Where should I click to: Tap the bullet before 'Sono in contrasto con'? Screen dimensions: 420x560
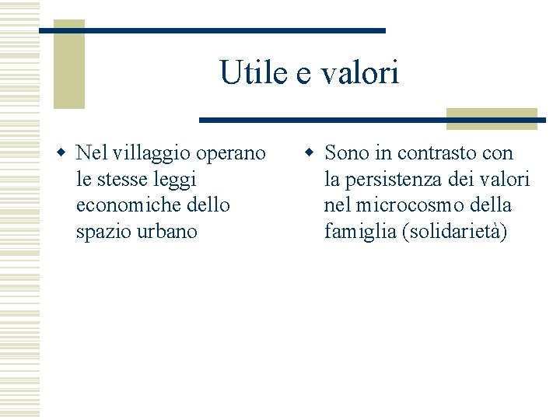[x=309, y=152]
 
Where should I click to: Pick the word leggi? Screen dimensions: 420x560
[x=177, y=180]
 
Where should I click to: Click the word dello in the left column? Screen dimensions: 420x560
[x=209, y=205]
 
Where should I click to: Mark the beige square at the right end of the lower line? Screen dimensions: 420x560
[x=492, y=118]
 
